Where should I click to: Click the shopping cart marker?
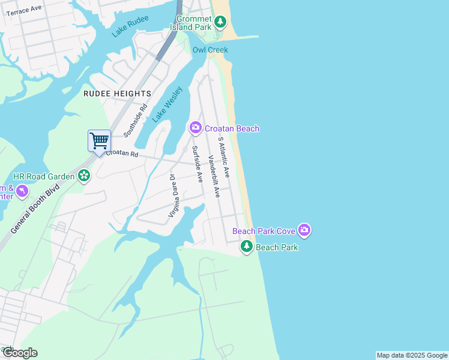click(99, 141)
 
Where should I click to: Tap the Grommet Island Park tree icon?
click(220, 23)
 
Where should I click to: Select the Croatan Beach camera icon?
click(195, 128)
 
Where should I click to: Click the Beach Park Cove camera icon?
click(304, 230)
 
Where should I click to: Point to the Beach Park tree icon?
click(247, 246)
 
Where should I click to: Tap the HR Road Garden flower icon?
click(84, 176)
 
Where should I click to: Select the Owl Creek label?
click(210, 50)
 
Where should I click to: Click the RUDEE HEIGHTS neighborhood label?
click(117, 94)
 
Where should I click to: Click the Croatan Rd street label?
click(122, 154)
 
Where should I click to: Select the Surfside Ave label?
click(197, 164)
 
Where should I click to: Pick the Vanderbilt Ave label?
click(214, 176)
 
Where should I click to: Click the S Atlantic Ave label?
click(224, 157)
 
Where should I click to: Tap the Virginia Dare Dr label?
click(173, 196)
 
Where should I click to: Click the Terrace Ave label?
click(25, 10)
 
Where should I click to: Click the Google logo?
click(20, 353)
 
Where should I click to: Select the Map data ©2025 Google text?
click(412, 355)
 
